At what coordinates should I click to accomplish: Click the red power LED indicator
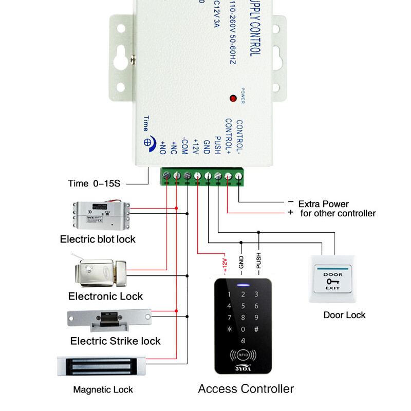point(233,97)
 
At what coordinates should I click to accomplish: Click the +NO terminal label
point(163,147)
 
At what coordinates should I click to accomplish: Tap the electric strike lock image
point(109,319)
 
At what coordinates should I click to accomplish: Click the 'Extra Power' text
point(323,204)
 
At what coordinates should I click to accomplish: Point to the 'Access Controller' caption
point(246,389)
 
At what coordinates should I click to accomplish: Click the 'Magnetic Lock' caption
point(103,390)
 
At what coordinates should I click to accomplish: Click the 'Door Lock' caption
point(344,314)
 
